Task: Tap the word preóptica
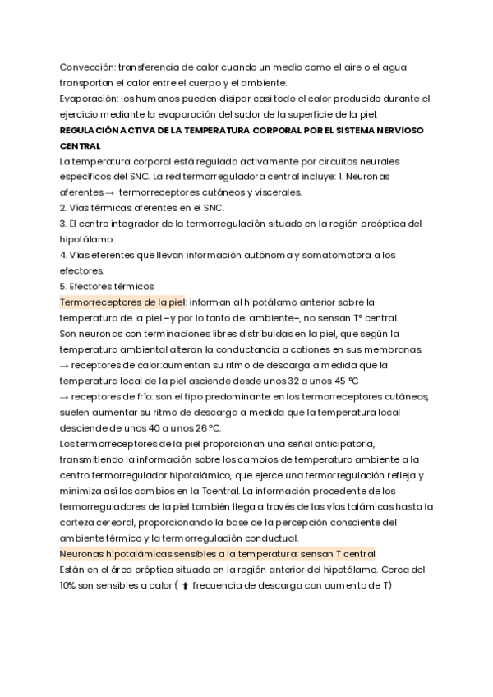(386, 224)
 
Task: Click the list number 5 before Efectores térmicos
(62, 286)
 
